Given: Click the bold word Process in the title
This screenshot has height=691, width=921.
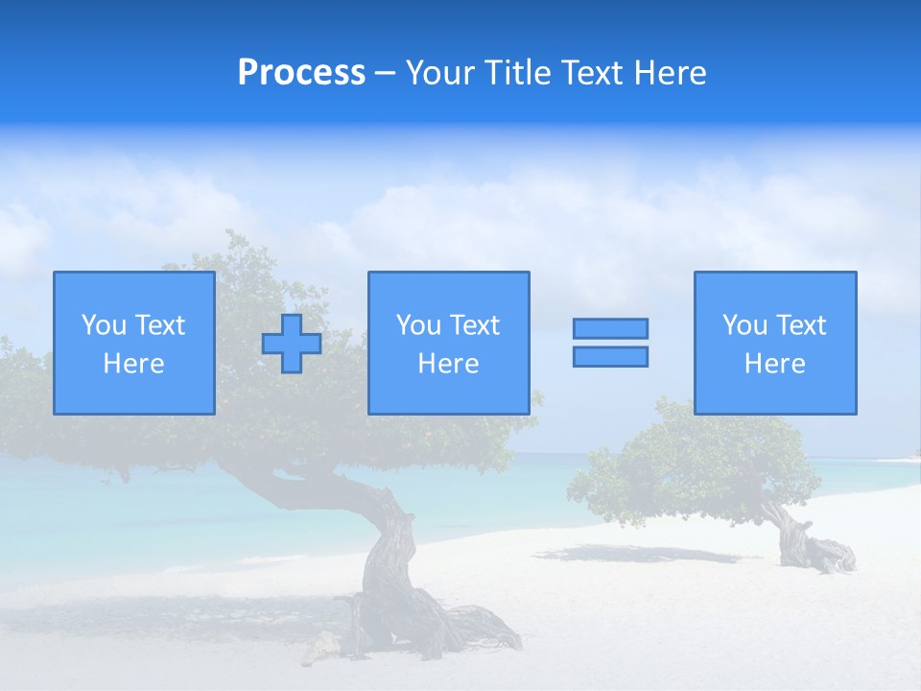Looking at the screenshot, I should coord(301,73).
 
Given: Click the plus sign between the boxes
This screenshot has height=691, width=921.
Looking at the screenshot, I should coord(292,344).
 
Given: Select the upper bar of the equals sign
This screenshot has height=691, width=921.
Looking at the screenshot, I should coord(610,328).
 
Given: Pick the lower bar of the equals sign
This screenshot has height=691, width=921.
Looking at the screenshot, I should coord(610,356).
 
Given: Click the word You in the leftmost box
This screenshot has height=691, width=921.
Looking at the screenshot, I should coord(103,325).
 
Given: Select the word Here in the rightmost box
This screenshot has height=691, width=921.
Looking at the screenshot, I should coord(775,364).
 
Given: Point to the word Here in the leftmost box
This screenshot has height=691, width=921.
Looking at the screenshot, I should coord(134,364).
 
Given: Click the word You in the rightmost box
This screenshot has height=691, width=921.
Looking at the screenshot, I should coord(744,325).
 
